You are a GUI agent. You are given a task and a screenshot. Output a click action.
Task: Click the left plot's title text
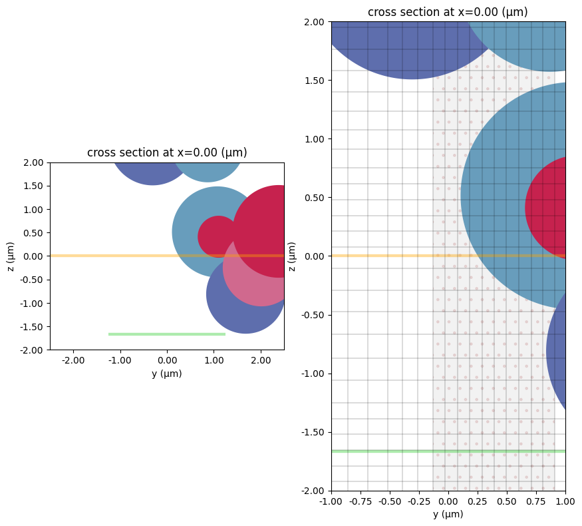(167, 152)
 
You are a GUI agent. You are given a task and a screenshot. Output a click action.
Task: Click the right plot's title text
(448, 12)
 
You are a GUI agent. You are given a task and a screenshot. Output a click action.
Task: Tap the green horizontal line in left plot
(167, 334)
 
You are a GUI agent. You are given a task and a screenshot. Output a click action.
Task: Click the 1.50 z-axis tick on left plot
(36, 186)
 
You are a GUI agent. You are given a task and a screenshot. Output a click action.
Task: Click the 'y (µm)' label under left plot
(167, 374)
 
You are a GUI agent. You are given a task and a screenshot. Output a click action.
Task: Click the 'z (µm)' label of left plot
(11, 256)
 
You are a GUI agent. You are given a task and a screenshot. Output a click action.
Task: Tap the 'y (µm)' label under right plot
(448, 514)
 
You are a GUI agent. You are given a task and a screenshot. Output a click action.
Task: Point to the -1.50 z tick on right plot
(316, 432)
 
